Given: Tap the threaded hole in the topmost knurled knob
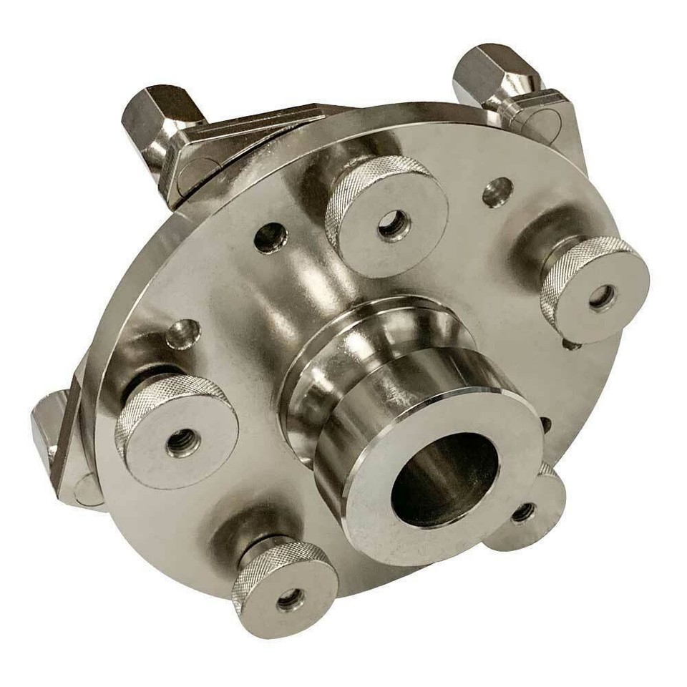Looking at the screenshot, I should point(394,225).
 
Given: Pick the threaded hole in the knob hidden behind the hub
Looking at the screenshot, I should point(523,512).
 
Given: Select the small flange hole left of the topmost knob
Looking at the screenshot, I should point(271,238).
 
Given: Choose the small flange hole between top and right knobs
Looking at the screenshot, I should point(497,192).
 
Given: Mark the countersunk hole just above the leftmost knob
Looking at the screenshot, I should point(184,333).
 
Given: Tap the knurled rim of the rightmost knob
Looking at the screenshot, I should point(572,265).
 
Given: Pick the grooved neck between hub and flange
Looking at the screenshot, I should point(336,372).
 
